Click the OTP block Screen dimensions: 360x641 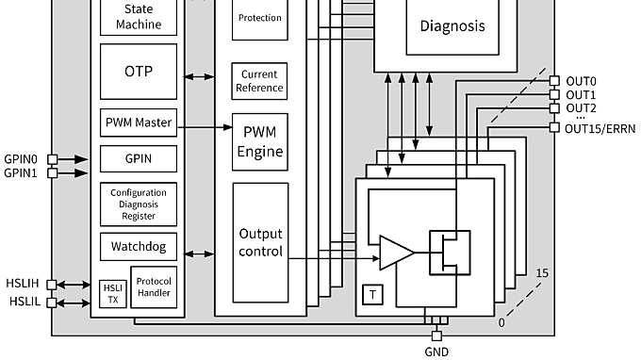[139, 71]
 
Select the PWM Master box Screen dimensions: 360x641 [139, 123]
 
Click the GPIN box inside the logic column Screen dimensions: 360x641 [139, 157]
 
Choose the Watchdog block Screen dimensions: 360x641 [139, 247]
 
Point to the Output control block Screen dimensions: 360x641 [260, 243]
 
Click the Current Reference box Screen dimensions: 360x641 [260, 81]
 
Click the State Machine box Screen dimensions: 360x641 [139, 17]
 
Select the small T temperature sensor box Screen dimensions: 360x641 [373, 295]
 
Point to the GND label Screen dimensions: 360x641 [436, 352]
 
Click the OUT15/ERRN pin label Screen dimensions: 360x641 [601, 128]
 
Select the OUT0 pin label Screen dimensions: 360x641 [581, 81]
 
